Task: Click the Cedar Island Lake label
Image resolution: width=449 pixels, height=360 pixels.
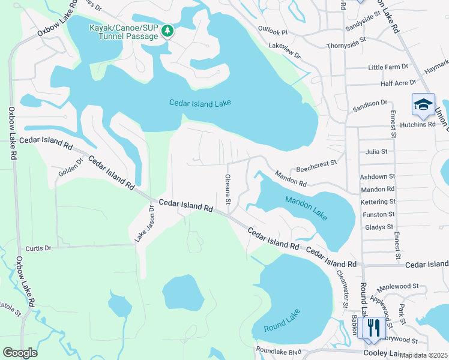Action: pyautogui.click(x=200, y=103)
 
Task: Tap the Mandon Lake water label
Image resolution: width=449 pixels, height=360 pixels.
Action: pyautogui.click(x=307, y=208)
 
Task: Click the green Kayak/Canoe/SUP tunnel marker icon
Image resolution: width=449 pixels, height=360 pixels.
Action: pyautogui.click(x=169, y=31)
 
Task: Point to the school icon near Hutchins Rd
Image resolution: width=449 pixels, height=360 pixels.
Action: pyautogui.click(x=423, y=104)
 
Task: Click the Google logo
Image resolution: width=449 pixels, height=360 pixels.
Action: pyautogui.click(x=20, y=353)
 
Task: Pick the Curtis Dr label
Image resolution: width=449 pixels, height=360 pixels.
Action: pyautogui.click(x=38, y=248)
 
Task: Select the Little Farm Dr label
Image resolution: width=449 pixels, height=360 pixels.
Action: pyautogui.click(x=388, y=67)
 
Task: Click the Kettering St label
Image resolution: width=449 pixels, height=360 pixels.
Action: pyautogui.click(x=378, y=202)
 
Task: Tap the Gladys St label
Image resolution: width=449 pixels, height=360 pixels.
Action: pyautogui.click(x=379, y=227)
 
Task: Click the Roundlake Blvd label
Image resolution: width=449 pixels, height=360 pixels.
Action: pyautogui.click(x=278, y=350)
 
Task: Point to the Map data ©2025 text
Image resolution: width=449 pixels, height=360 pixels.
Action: pyautogui.click(x=424, y=355)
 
